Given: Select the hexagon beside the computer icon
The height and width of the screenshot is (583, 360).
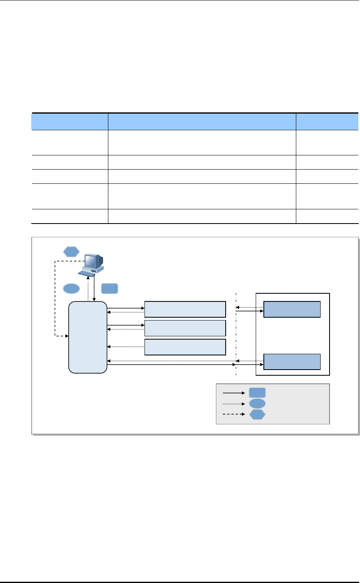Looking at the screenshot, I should [x=71, y=252].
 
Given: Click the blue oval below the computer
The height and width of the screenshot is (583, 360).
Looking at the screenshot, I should [x=71, y=288].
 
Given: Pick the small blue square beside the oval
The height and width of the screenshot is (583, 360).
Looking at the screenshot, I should [x=110, y=288].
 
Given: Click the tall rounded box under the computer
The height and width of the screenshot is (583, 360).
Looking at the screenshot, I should [x=88, y=337].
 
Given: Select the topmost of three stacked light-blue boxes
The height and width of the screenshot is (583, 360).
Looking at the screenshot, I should [x=185, y=309].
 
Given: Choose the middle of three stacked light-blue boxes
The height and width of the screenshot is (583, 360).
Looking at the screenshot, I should [x=185, y=328].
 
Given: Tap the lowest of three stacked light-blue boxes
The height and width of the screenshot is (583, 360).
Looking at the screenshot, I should [x=185, y=347].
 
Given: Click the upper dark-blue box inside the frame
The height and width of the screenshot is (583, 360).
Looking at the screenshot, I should [x=292, y=309].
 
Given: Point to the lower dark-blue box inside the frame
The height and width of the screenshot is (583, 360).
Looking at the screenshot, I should [x=292, y=361].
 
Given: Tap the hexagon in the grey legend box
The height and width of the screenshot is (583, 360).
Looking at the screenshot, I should [x=257, y=415].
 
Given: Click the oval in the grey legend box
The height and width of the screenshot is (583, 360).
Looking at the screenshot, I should [x=257, y=404].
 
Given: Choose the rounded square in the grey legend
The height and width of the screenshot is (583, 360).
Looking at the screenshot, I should [x=257, y=393].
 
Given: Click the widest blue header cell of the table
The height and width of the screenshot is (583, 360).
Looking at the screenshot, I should [x=202, y=122].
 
